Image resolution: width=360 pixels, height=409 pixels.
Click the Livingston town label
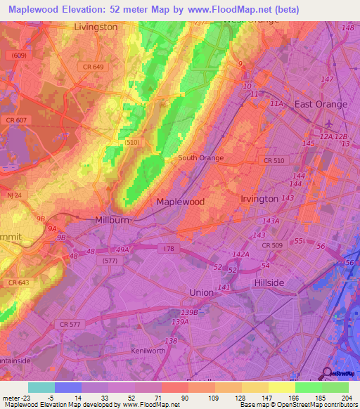pos(96,27)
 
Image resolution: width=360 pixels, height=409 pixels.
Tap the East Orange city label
pos(321,104)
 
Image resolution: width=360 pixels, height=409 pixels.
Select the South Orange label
pos(200,158)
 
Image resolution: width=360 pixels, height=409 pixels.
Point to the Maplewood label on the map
pos(180,202)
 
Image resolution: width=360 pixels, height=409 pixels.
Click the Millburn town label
pos(112,220)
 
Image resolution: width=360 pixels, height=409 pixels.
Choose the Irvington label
pos(259,199)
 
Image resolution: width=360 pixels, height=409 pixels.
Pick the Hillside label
pos(269,283)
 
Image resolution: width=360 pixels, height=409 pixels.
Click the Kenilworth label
pos(148,350)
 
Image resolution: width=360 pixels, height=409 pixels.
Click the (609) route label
pos(19,55)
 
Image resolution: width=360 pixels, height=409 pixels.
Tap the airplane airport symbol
pos(328,126)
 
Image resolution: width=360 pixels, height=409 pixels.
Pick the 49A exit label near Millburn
pos(122,249)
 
